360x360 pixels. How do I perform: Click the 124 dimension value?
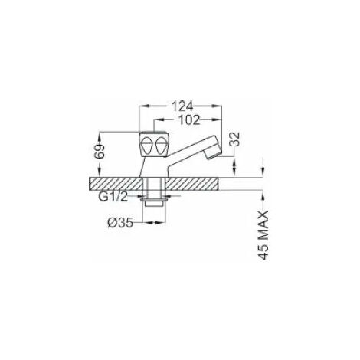click(x=182, y=106)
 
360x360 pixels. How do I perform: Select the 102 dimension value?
click(x=189, y=119)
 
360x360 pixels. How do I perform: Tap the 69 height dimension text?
click(x=100, y=152)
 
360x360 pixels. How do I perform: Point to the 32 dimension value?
click(x=236, y=139)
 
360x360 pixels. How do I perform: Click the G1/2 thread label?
click(x=113, y=197)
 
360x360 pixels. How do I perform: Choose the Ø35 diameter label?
click(x=120, y=223)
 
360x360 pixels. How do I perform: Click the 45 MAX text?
click(x=264, y=235)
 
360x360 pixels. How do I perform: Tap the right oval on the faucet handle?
click(x=160, y=146)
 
